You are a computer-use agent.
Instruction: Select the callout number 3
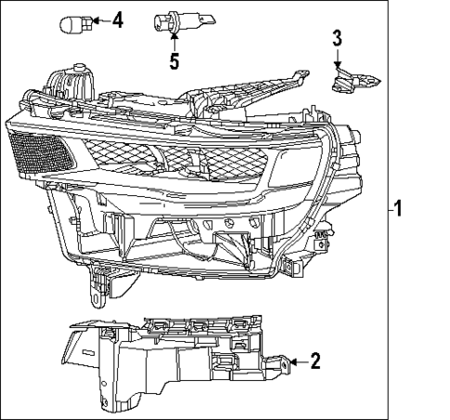tap(337, 38)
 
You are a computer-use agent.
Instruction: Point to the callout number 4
tap(117, 20)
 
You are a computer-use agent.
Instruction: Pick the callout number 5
tap(173, 63)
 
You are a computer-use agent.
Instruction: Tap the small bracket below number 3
tap(352, 82)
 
